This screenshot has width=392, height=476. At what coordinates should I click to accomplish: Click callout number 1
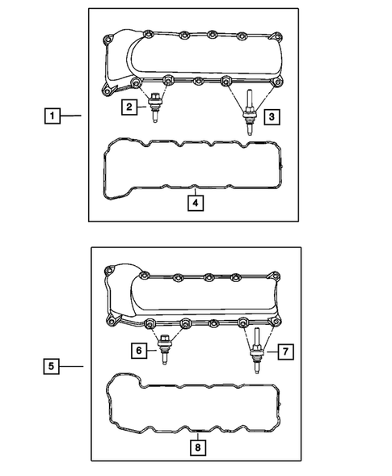coord(51,117)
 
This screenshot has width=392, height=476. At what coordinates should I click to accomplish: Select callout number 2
coord(129,106)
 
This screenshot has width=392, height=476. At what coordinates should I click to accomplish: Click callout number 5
coord(51,366)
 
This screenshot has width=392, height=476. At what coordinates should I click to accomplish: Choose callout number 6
coord(140,350)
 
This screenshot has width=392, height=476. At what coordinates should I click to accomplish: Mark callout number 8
coord(196,445)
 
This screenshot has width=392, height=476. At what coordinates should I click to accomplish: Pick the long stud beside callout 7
coord(255,352)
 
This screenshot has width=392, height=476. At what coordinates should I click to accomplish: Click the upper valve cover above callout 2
coord(202,57)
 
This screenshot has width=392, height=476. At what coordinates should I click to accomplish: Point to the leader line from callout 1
coord(72,117)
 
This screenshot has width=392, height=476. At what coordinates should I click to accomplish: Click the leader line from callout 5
coord(72,366)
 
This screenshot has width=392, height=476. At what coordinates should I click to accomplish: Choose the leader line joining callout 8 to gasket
coord(196,432)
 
